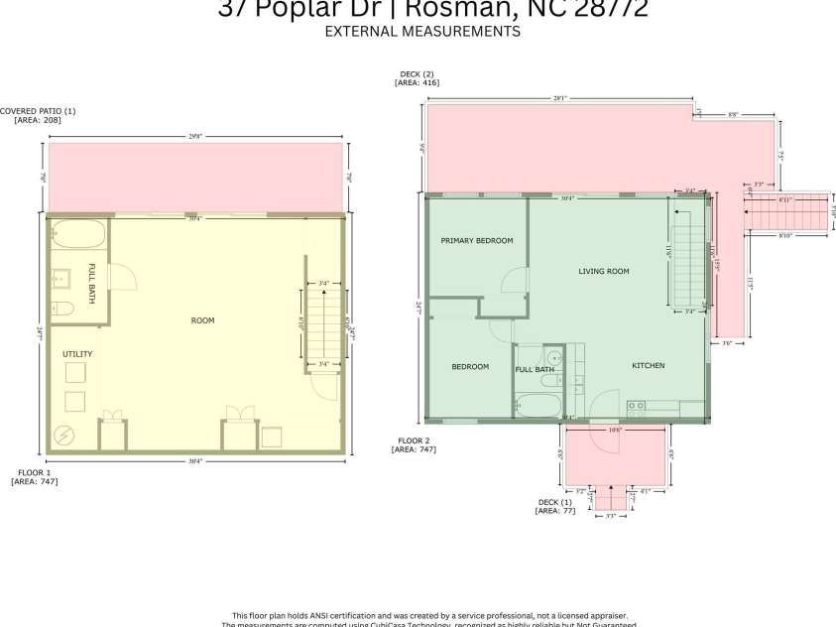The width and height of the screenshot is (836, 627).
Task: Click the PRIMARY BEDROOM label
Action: [477, 241]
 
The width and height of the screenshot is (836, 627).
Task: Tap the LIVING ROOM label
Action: [604, 271]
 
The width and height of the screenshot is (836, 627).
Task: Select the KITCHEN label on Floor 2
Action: [649, 366]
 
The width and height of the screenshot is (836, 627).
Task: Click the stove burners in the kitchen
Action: [636, 405]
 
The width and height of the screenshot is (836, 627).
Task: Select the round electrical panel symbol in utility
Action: [63, 434]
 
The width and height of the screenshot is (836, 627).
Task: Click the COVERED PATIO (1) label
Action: [38, 111]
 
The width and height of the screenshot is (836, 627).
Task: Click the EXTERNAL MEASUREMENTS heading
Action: [422, 31]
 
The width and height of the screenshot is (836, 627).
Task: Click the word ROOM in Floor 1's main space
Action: [202, 320]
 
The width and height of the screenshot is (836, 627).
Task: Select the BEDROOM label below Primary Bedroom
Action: [470, 367]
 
